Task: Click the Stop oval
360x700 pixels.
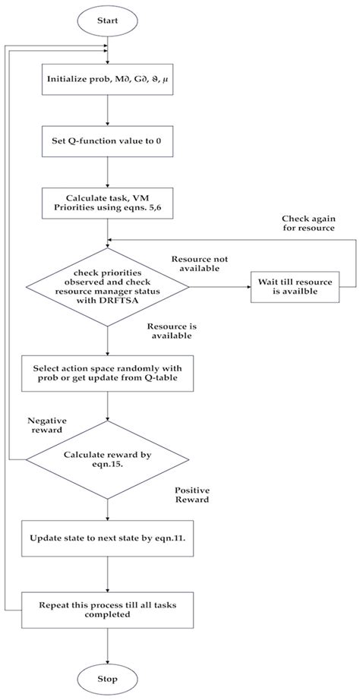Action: [107, 677]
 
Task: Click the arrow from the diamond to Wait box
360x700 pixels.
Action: [220, 288]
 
